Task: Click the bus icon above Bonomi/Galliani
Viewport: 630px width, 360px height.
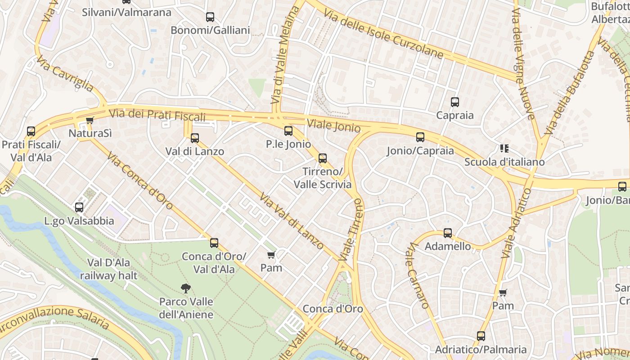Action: point(210,17)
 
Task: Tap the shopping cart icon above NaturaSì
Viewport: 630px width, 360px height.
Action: point(90,121)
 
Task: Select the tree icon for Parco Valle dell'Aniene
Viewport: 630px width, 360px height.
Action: point(185,288)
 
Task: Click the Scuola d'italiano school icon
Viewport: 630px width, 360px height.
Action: point(504,148)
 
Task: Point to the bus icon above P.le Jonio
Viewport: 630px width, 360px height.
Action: point(288,131)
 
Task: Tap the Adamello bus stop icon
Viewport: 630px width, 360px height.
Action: point(448,233)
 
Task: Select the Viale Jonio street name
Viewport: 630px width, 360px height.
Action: point(333,126)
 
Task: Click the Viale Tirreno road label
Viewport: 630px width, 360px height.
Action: point(351,230)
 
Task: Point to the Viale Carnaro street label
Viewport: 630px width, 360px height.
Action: point(418,275)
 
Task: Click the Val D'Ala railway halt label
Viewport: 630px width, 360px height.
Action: point(108,269)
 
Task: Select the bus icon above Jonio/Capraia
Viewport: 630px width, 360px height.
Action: point(420,137)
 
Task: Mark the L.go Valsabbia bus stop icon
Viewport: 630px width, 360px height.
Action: point(79,207)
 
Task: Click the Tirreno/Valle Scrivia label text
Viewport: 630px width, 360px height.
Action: point(323,178)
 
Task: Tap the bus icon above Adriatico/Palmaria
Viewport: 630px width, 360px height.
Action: point(481,336)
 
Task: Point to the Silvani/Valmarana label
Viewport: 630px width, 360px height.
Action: point(126,12)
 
